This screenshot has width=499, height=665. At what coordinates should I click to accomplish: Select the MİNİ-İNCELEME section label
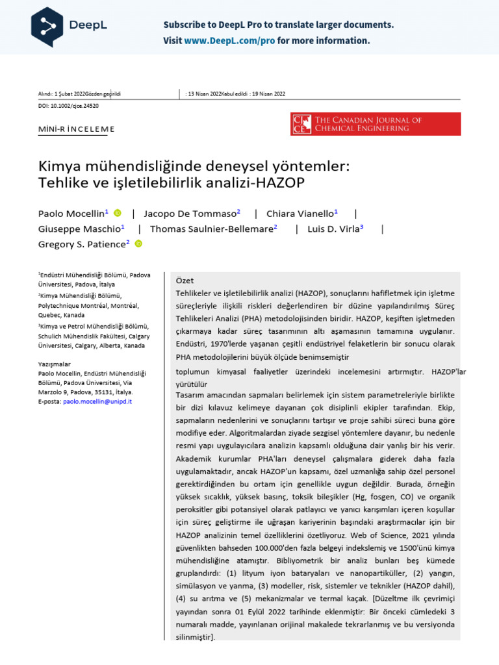point(77,129)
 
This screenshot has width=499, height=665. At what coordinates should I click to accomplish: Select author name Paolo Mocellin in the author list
point(71,214)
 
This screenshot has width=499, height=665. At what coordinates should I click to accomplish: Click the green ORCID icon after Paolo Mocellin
point(118,213)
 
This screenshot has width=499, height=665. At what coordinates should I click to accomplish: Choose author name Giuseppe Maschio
point(79,229)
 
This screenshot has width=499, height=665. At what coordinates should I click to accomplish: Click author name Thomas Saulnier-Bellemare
point(211,229)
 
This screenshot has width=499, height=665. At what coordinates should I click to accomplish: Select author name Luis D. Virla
point(333,229)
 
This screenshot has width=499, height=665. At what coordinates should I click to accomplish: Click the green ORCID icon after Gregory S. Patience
point(138,244)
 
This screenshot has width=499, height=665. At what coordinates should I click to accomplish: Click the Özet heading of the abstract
point(185,281)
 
